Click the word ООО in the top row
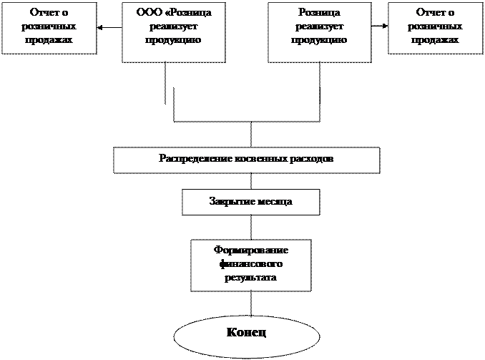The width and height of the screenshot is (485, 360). [x=148, y=14]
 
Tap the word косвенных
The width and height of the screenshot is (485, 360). [x=259, y=157]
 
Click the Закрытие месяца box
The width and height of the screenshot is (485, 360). [x=250, y=202]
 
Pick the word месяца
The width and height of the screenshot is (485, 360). [x=275, y=202]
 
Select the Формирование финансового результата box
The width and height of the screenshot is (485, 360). [x=250, y=265]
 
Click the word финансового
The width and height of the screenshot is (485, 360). [x=250, y=263]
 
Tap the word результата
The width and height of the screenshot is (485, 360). [x=250, y=276]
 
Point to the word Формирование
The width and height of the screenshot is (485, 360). [x=250, y=250]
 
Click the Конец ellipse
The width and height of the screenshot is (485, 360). [x=247, y=334]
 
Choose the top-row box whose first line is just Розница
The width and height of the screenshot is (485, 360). [x=319, y=29]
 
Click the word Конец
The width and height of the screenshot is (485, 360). [x=247, y=334]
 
